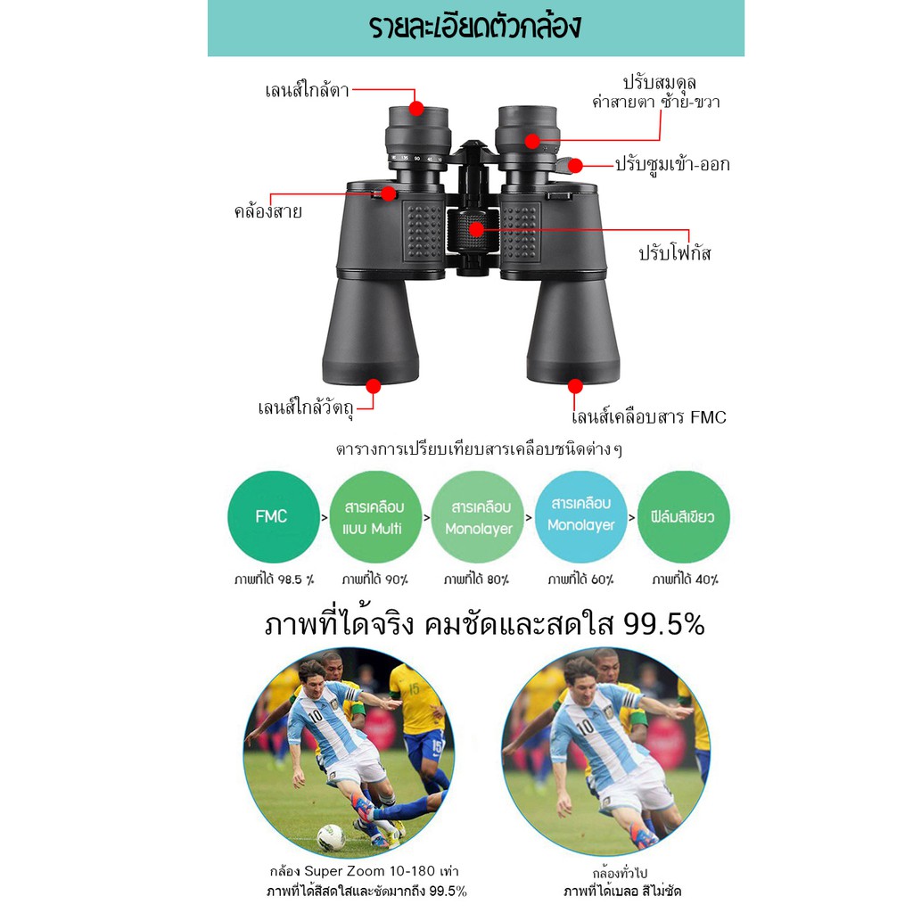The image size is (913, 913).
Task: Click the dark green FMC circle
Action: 274,516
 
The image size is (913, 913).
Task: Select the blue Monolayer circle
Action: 580,516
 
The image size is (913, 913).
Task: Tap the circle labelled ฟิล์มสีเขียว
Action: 684,516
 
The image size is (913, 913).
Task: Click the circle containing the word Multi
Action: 375,516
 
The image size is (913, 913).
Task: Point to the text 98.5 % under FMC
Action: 296,580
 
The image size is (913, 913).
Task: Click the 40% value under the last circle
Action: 706,580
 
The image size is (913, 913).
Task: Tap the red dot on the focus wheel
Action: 476,229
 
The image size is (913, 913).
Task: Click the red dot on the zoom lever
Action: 575,166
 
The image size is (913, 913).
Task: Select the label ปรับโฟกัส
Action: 675,253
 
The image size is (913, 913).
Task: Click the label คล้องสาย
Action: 267,210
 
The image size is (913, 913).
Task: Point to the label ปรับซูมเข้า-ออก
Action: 672,164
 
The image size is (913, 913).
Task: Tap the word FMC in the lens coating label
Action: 708,417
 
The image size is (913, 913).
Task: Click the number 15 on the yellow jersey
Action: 414,690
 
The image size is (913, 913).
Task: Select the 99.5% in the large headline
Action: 663,625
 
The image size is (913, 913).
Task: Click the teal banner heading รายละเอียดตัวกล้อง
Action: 475,27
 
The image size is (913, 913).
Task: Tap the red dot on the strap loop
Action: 389,193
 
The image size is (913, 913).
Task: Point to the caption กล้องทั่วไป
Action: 621,874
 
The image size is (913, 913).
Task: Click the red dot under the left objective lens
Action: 374,386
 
